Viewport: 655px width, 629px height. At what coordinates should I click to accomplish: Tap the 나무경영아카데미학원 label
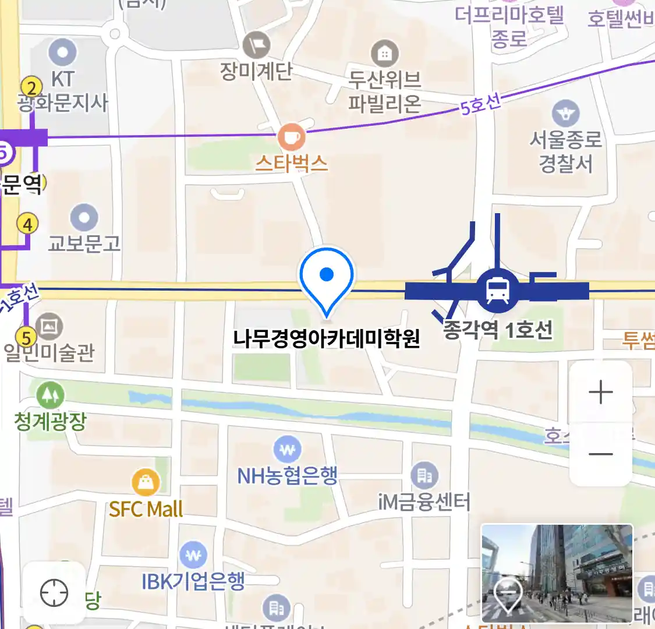(326, 338)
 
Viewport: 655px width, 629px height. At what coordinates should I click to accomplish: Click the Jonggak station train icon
(497, 289)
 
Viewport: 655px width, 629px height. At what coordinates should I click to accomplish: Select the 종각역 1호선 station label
(498, 330)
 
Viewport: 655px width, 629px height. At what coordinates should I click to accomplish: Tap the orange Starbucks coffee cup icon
(291, 137)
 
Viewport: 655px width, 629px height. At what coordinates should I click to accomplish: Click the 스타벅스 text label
(291, 164)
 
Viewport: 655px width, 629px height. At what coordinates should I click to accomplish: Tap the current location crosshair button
(54, 593)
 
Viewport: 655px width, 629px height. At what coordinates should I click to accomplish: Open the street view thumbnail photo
(557, 573)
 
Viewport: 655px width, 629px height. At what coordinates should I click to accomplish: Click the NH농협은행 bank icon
(287, 450)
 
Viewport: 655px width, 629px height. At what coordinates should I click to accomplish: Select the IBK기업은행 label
(193, 581)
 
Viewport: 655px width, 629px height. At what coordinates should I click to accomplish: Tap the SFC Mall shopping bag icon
(146, 482)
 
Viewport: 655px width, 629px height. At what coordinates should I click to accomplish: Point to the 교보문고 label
(84, 243)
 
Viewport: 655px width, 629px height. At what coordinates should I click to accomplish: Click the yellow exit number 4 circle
(27, 224)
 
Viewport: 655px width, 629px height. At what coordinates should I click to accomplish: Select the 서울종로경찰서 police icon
(565, 114)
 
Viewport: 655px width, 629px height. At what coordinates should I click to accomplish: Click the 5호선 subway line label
(480, 105)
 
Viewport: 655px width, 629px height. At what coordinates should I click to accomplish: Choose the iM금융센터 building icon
(424, 475)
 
